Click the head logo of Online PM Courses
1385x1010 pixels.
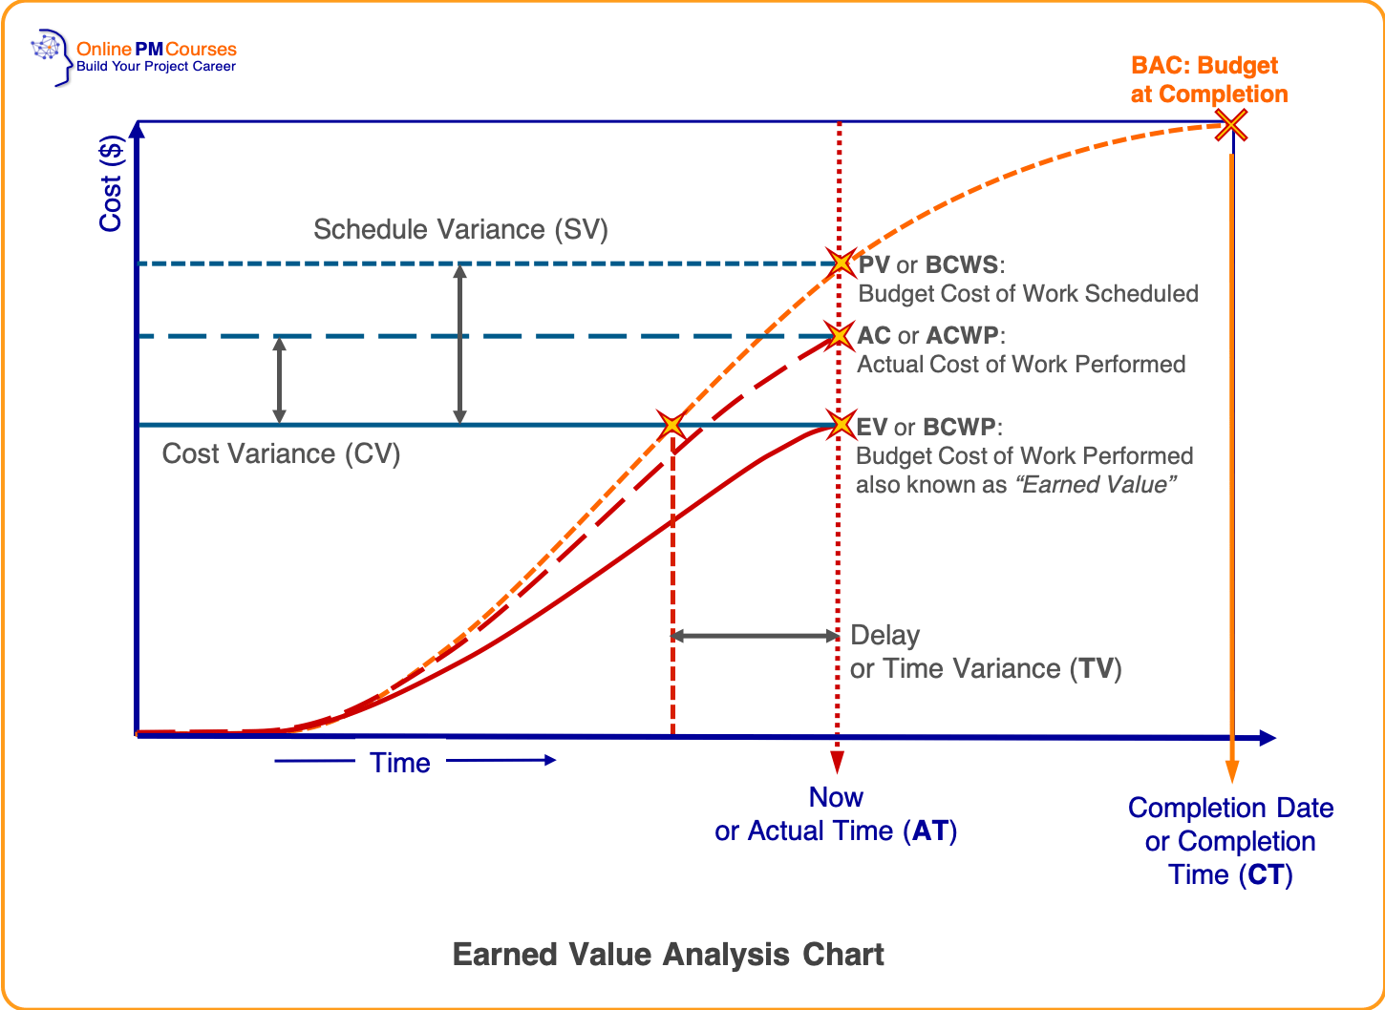tap(51, 56)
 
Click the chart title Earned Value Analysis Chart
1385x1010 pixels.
tap(668, 955)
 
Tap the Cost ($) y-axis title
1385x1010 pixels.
tap(111, 184)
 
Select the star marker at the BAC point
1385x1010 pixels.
tap(1231, 125)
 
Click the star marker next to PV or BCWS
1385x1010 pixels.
tap(841, 263)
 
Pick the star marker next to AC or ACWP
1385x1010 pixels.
tap(840, 335)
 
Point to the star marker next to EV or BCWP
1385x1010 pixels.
tap(841, 424)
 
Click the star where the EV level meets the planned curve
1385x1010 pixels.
tap(672, 424)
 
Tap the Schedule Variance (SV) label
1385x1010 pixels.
tap(460, 229)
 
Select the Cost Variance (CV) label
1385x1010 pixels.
tap(281, 453)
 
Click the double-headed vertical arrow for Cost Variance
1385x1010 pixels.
tap(279, 380)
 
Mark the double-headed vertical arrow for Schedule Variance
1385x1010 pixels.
tap(459, 344)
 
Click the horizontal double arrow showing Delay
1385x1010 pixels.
tap(755, 636)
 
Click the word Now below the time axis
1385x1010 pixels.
tap(836, 797)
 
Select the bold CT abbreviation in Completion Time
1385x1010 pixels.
tap(1267, 874)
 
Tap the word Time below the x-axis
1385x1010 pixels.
tap(400, 763)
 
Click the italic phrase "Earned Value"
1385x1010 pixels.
tap(1095, 485)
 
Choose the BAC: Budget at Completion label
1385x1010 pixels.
tap(1208, 80)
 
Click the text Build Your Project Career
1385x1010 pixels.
tap(156, 67)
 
